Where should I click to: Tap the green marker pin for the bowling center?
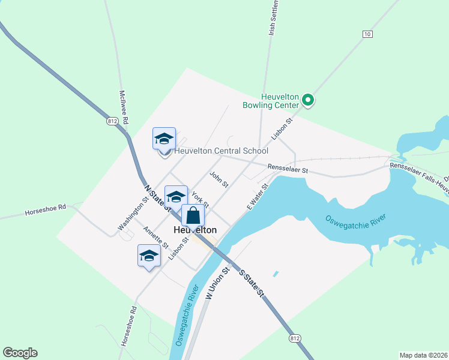[308, 100]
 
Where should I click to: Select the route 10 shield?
[367, 34]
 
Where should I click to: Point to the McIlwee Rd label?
[124, 107]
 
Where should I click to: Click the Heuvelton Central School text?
[221, 151]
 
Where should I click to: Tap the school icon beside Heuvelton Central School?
[164, 139]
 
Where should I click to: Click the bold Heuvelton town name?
[194, 230]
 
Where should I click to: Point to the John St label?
[219, 179]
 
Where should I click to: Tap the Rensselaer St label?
[288, 170]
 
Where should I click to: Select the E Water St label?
[256, 196]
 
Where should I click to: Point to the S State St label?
[252, 283]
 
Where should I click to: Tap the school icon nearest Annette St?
[149, 256]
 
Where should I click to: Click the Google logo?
[20, 353]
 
